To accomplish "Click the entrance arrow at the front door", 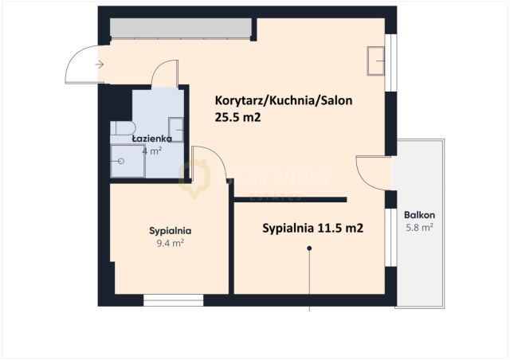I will (x=99, y=64).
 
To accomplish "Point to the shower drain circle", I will (x=121, y=161).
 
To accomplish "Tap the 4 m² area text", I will (x=151, y=150).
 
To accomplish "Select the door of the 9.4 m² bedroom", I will (x=209, y=165).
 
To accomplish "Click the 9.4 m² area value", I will (x=170, y=244).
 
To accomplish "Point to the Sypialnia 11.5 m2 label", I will (x=312, y=228).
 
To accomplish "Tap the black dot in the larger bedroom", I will (x=310, y=248).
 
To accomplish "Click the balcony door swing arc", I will (x=371, y=170).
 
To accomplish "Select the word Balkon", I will (x=419, y=215).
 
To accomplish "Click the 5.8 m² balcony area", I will (x=419, y=228).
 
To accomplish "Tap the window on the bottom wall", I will (x=173, y=301).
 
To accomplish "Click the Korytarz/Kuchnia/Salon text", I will (x=284, y=101).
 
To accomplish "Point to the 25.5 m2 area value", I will (x=238, y=117).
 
